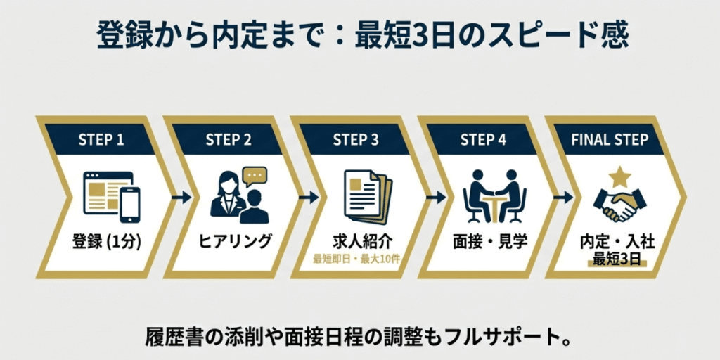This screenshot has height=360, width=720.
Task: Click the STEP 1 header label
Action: click(x=101, y=139)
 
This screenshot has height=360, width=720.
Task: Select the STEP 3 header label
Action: click(x=356, y=139)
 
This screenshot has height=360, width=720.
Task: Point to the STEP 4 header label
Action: click(x=483, y=139)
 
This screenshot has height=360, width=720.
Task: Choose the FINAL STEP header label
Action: click(x=610, y=139)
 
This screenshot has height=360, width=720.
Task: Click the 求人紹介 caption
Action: click(x=360, y=240)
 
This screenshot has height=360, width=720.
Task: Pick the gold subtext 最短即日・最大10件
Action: click(x=360, y=257)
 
